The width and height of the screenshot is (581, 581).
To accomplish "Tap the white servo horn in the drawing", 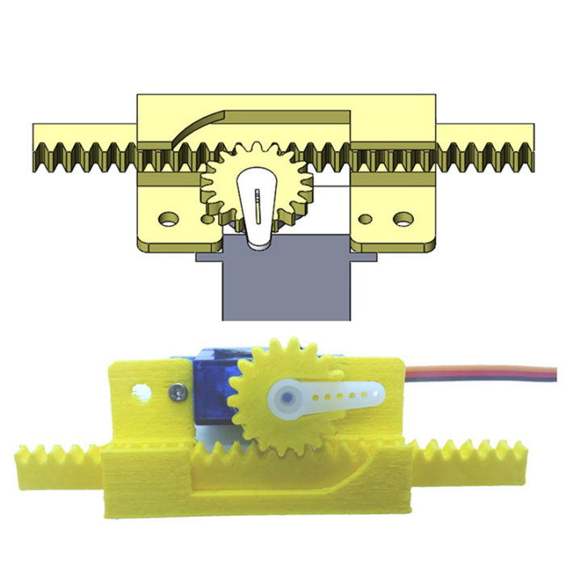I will coord(257,210).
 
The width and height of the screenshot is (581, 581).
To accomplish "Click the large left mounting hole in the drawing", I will coord(168,218).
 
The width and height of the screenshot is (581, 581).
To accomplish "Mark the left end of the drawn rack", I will coord(40,145).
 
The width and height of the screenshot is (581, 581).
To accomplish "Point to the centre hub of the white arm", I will coord(286,398).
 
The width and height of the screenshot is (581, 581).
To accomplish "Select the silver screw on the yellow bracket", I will coord(177,393).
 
